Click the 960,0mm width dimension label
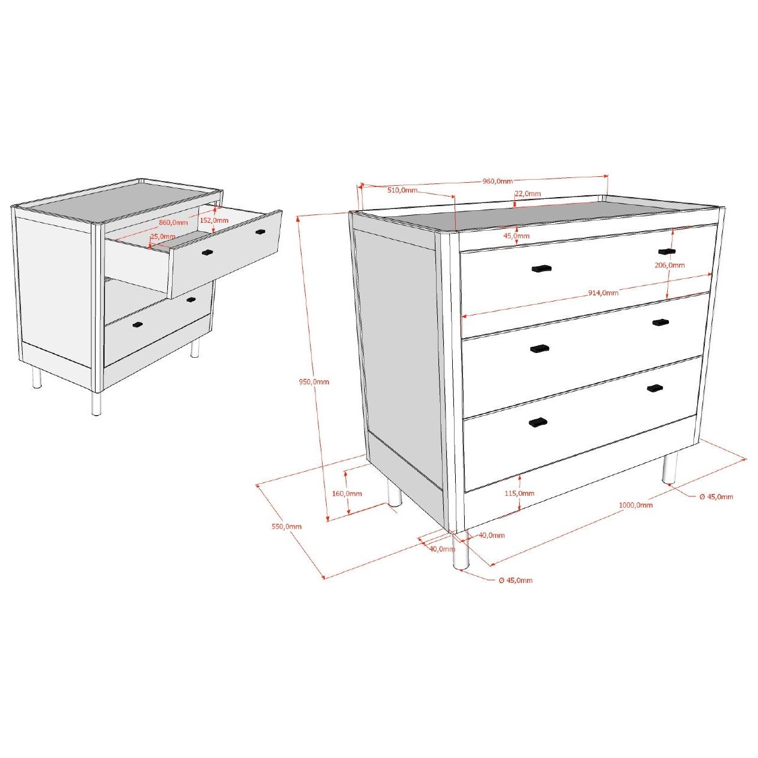pos(497,181)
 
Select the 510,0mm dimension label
pos(403,190)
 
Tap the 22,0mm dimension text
pos(528,194)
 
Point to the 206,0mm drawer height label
pos(670,265)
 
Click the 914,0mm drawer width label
pos(603,293)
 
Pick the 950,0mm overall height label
pos(314,382)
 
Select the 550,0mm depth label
pos(287,526)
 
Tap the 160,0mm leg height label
pos(347,493)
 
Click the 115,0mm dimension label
pos(520,493)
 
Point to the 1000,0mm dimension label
pos(636,505)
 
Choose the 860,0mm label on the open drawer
pos(173,223)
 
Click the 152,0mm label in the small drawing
pos(214,220)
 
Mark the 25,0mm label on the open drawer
pos(163,237)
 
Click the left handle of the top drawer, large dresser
pos(541,268)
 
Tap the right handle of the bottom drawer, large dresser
pos(655,388)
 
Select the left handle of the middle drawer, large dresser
pos(539,348)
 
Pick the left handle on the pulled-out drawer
pos(207,252)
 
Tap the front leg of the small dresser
pos(96,403)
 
